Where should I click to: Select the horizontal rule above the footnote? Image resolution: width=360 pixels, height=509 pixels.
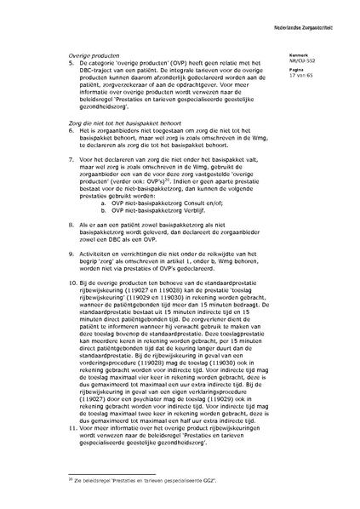[111, 475]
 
